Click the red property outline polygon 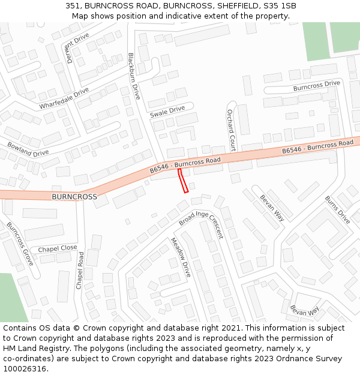[184, 181]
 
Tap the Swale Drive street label [167, 112]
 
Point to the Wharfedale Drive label [64, 98]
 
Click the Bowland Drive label [28, 149]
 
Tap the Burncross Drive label [316, 86]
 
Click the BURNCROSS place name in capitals [74, 197]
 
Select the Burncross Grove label [20, 244]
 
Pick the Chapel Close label [58, 248]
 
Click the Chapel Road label [80, 271]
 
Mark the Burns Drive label [337, 210]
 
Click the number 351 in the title [73, 6]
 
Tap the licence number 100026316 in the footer [25, 369]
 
